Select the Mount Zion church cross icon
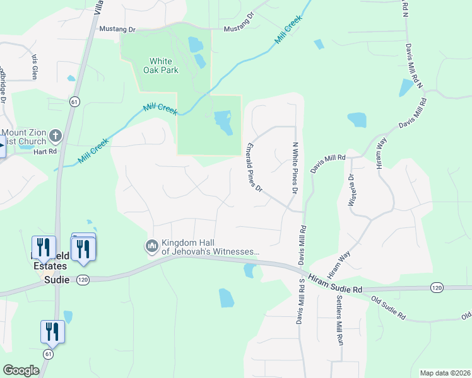[x=56, y=136]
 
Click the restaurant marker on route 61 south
[x=52, y=332]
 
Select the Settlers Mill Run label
[x=339, y=321]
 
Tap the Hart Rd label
[x=45, y=152]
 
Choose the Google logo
[x=21, y=370]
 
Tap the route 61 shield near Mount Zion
[x=74, y=101]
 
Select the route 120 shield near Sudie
[x=83, y=279]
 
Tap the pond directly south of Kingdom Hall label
[x=226, y=297]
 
